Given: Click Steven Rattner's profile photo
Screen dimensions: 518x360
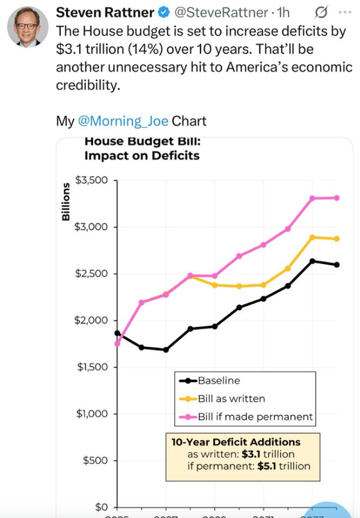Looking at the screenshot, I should pos(27,27).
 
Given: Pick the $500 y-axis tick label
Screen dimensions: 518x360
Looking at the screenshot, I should pos(95,460).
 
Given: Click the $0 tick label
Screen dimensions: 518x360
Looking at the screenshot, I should pos(100,507).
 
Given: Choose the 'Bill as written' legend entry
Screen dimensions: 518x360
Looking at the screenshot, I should pos(231,398).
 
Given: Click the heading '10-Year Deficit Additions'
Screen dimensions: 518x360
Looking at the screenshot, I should pos(236,442).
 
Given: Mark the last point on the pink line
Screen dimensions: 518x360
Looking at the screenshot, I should pos(337,197).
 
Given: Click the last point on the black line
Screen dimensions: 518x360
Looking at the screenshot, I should pos(337,265).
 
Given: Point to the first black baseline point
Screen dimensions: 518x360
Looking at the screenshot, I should pos(117,334).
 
